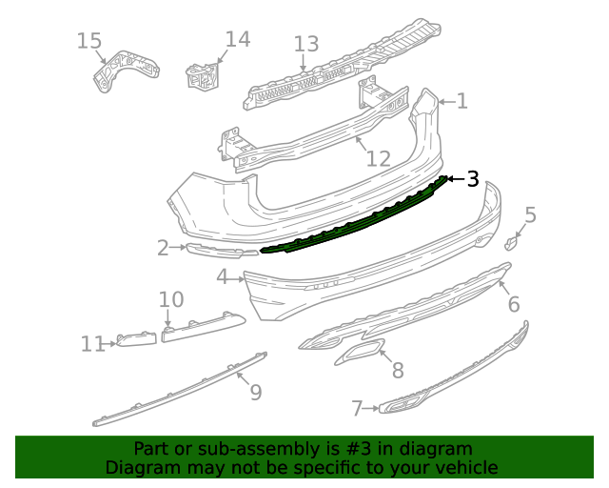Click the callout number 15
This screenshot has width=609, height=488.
pos(88,41)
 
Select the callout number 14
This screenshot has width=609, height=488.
pos(237,39)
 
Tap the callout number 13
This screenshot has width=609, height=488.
pos(305,44)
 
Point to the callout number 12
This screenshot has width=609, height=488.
pos(379,158)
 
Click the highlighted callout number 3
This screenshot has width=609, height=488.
pos(472,178)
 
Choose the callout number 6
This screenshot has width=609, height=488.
pos(513,304)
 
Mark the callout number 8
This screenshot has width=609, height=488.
pos(397,370)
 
